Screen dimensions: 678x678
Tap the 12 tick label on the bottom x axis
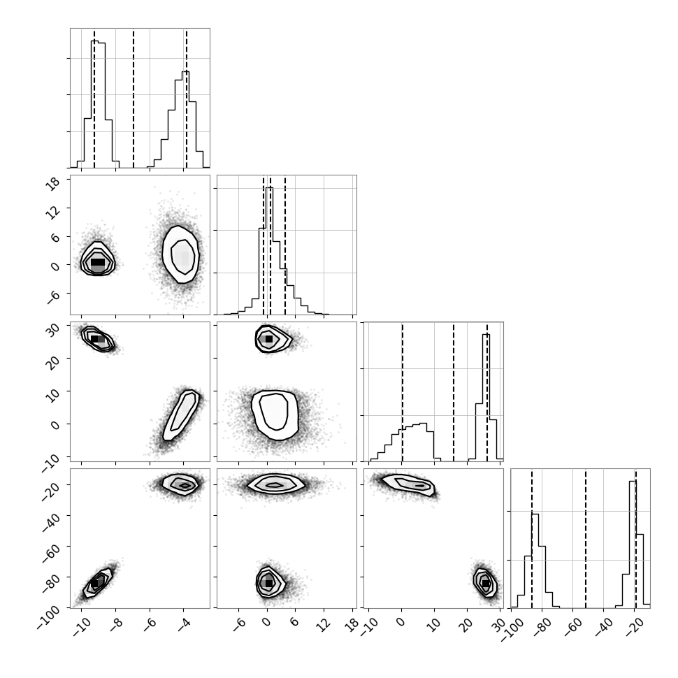coord(324,624)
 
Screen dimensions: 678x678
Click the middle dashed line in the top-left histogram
coord(134,98)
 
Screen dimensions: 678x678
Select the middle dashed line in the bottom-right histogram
coord(586,538)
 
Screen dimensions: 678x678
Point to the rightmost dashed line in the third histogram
coord(487,391)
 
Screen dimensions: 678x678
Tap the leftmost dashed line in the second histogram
coord(263,245)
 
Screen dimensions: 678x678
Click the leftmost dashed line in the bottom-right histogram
coord(532,538)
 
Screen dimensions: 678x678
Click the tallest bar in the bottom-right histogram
coord(633,544)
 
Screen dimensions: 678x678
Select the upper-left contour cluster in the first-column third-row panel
coord(98,339)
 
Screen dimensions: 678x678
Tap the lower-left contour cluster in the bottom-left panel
coord(98,583)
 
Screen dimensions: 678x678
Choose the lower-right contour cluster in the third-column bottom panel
coord(484,583)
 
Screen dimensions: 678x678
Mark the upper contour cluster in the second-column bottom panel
coord(276,485)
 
